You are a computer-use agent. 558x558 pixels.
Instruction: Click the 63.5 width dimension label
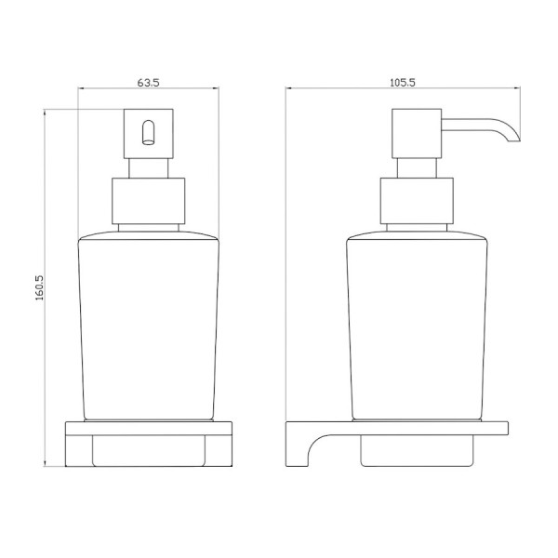pyautogui.click(x=149, y=83)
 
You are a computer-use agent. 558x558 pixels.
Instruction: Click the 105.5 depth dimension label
pyautogui.click(x=403, y=83)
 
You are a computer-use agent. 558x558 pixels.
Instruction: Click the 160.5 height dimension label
pyautogui.click(x=39, y=287)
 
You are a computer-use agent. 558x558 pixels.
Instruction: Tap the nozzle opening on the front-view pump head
pyautogui.click(x=149, y=133)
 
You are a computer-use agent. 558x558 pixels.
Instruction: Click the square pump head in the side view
pyautogui.click(x=417, y=134)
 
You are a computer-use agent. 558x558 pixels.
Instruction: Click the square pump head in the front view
pyautogui.click(x=149, y=134)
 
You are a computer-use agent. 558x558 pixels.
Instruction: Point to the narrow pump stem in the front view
pyautogui.click(x=149, y=168)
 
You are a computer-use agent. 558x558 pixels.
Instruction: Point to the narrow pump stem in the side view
pyautogui.click(x=417, y=168)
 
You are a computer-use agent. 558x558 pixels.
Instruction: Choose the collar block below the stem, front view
pyautogui.click(x=149, y=201)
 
